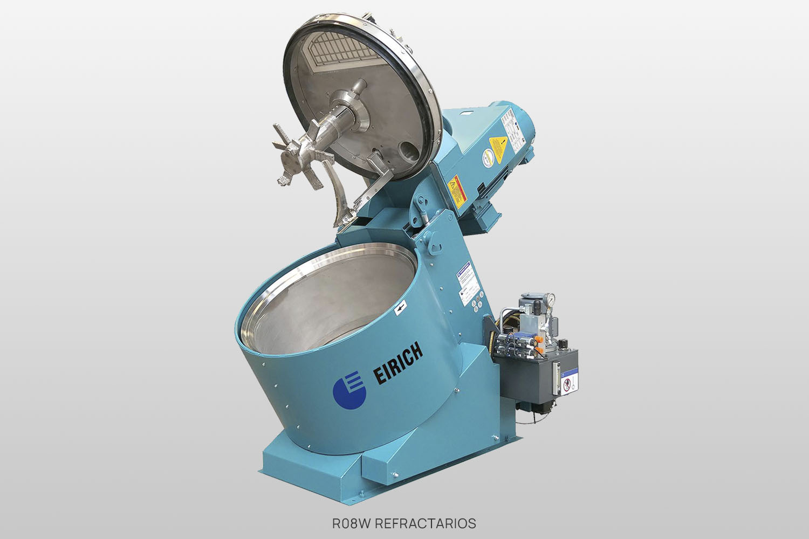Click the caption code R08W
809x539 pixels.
point(351,523)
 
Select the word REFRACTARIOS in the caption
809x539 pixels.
point(426,523)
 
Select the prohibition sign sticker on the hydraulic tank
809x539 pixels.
point(566,384)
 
